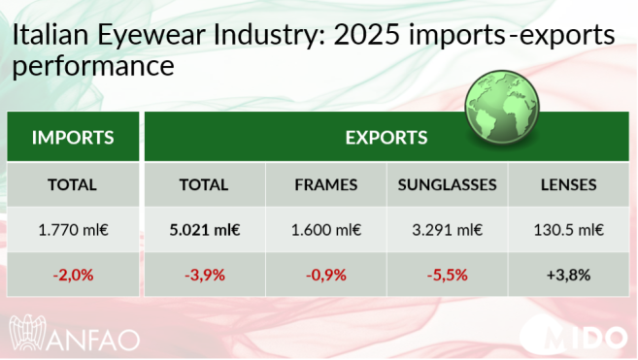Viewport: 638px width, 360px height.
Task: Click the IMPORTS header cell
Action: coord(73,137)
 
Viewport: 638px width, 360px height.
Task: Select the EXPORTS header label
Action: coord(386,137)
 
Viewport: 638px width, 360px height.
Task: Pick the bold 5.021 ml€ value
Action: coord(204,230)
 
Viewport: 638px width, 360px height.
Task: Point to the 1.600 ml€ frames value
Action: coord(326,230)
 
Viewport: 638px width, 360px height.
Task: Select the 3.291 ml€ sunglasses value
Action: coord(448,230)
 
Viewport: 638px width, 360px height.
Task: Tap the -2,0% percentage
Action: coord(73,275)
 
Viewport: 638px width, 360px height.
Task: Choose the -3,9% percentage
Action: coord(204,275)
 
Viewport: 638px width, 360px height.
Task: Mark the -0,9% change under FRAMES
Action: coord(326,275)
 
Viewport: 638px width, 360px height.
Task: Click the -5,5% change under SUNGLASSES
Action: coord(448,275)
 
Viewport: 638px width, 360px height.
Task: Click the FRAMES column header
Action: coord(326,184)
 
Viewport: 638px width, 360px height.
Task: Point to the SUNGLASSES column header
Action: coord(448,184)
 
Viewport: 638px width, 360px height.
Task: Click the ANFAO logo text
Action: coord(95,340)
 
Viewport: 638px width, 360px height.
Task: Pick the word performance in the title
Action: coord(92,69)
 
